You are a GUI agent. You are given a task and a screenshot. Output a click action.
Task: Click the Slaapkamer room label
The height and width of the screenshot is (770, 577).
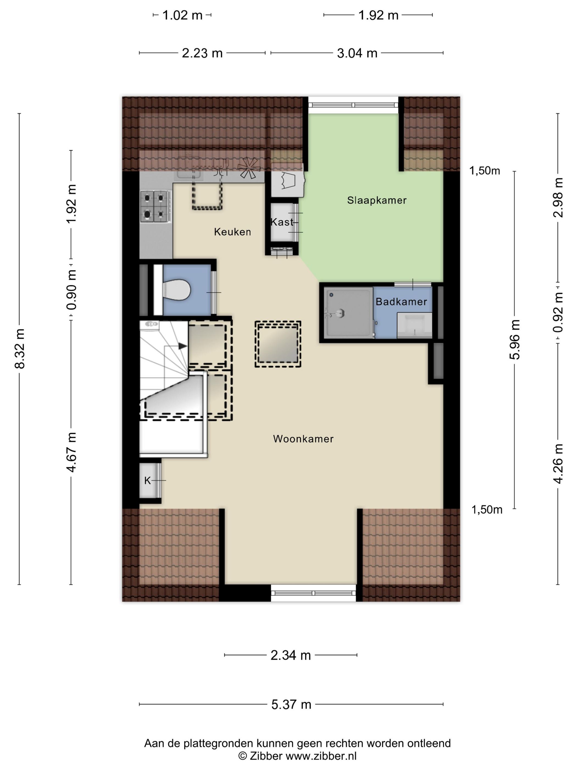pos(377,200)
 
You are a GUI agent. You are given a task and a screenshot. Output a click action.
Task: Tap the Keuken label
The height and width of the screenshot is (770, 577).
pos(232,232)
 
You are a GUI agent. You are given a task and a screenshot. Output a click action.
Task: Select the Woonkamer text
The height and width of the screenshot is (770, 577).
pos(303,439)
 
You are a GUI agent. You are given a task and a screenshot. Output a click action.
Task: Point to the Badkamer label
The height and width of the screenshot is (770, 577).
pos(401,302)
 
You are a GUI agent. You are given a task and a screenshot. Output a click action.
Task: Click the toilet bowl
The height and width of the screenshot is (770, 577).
pos(176,290)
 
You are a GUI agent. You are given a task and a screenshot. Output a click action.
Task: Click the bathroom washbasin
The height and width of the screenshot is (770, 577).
pos(415,325)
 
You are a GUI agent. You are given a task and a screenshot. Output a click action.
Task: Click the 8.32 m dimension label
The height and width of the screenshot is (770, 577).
pos(20,349)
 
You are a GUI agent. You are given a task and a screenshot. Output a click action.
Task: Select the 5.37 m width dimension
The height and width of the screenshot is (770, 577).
pos(291,704)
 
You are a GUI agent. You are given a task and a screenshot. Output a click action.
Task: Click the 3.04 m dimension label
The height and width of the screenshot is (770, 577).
pos(357,53)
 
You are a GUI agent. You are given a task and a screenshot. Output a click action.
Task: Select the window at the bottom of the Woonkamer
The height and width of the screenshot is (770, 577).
pos(314,593)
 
